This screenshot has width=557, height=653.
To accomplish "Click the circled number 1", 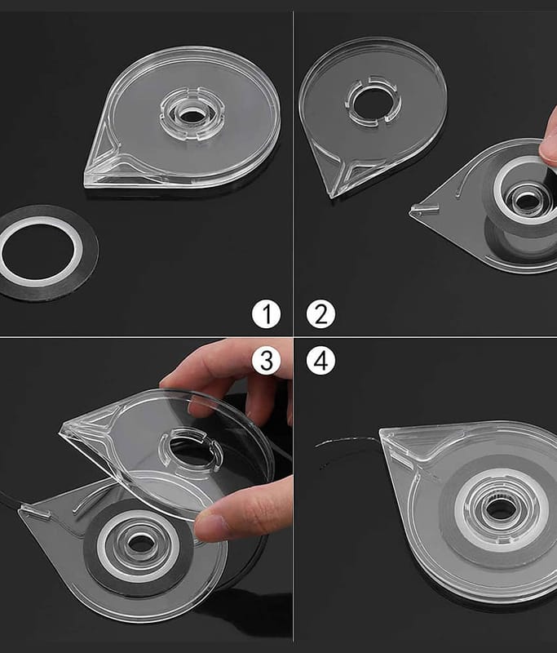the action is (x=266, y=314).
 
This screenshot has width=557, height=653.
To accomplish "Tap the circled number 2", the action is (x=320, y=314).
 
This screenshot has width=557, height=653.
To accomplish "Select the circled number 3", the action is (x=266, y=360).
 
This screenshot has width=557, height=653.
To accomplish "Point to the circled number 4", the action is (x=320, y=360).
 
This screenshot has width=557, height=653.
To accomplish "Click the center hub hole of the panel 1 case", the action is (x=192, y=116).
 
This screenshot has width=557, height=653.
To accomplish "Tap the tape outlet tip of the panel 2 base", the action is (x=411, y=212).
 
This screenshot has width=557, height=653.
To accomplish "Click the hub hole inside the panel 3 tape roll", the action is (x=141, y=544).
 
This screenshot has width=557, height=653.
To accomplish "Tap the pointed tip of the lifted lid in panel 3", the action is (x=61, y=431).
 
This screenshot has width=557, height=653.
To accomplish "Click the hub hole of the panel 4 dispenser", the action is (x=500, y=509).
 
